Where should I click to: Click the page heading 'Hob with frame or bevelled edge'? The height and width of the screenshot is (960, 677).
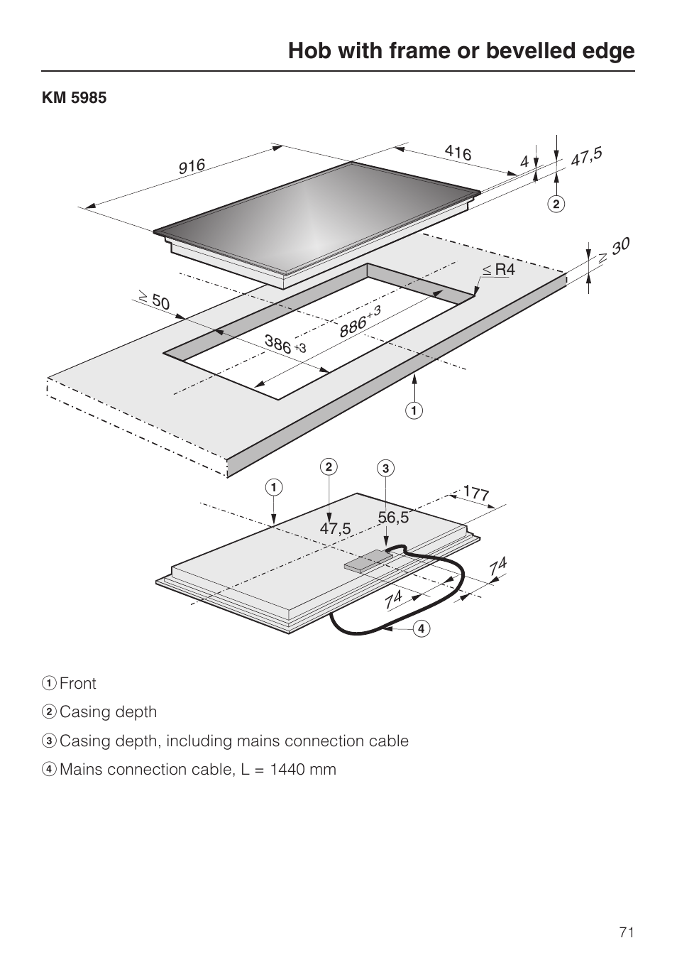[x=461, y=51]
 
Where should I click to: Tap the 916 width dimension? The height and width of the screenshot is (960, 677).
[x=192, y=166]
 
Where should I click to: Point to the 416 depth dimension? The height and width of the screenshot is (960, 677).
[x=458, y=152]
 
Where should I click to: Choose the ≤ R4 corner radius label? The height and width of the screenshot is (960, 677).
[x=498, y=270]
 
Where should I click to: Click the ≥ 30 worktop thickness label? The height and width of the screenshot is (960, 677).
[x=614, y=250]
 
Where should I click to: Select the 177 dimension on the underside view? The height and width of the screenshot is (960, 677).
[x=476, y=493]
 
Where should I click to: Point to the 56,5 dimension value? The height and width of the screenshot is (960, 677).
[x=393, y=518]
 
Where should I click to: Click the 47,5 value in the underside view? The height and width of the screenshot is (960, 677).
[x=335, y=529]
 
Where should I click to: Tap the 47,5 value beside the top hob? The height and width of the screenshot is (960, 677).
[x=586, y=156]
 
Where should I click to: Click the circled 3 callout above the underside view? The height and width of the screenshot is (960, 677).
[x=385, y=469]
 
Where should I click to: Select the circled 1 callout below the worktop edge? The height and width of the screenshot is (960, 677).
[x=414, y=410]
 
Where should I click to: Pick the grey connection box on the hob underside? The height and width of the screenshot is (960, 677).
[x=367, y=562]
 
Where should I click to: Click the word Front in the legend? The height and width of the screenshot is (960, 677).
[x=78, y=684]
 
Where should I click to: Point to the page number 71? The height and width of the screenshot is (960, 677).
[x=626, y=933]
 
